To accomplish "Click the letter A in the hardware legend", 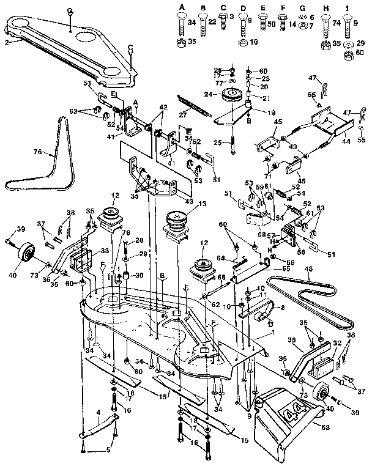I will (181, 6).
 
